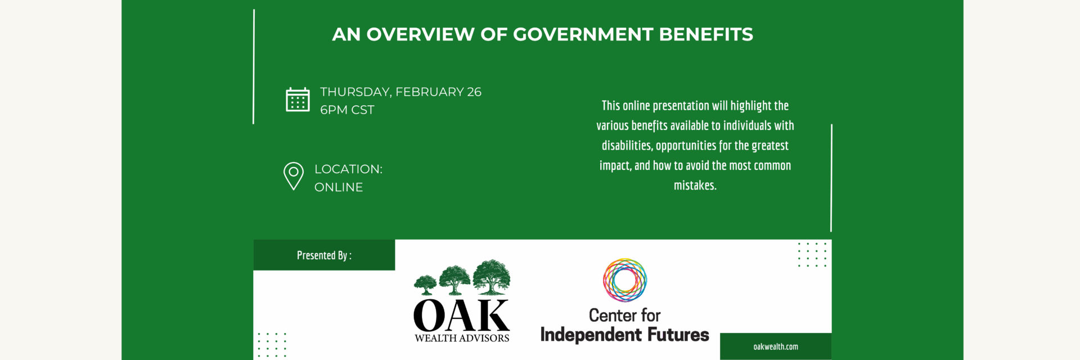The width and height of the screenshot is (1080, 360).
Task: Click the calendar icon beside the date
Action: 298,100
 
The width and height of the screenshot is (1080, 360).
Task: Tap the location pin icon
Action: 294,176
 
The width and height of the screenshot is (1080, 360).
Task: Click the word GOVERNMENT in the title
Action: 583,34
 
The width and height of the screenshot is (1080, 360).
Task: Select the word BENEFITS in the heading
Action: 706,34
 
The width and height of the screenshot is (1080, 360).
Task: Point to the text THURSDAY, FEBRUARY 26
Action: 400,92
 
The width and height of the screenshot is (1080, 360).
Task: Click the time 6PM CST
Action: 347,110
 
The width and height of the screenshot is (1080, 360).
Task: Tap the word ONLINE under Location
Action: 339,187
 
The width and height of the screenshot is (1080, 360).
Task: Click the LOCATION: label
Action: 348,169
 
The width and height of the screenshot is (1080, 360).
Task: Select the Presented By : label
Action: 324,255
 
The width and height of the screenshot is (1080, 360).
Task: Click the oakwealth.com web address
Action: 776,346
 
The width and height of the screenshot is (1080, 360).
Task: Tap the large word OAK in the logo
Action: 462,316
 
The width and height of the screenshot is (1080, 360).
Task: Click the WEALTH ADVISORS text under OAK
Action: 462,338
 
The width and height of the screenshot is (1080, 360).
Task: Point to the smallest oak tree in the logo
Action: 425,285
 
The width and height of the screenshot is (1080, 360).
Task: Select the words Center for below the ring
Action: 624,315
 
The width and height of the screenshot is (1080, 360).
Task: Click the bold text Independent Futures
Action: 624,335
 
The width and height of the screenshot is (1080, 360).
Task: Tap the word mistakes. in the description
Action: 695,185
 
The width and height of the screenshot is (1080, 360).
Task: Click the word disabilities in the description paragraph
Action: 626,145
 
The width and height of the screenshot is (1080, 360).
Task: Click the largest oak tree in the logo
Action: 491,277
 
